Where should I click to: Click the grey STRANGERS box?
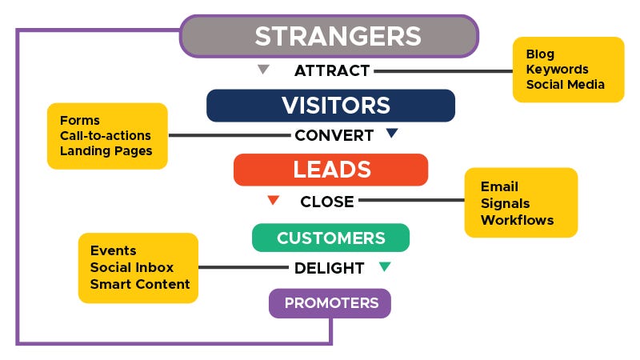click(x=329, y=36)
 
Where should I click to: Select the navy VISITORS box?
click(x=330, y=106)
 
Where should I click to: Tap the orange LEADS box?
click(x=330, y=170)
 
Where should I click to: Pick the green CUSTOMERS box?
click(x=330, y=238)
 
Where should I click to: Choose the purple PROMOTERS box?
click(x=330, y=303)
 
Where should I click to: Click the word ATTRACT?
click(x=332, y=70)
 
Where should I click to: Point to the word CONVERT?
click(x=334, y=135)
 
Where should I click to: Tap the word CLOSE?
click(x=326, y=202)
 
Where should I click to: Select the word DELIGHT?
click(x=329, y=268)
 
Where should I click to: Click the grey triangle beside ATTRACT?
click(x=263, y=70)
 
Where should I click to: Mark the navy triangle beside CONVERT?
click(x=391, y=134)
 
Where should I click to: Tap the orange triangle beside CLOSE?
click(x=273, y=200)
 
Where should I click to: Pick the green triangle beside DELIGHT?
click(x=384, y=266)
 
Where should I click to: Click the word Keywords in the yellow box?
click(x=557, y=70)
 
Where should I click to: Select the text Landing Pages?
click(x=106, y=150)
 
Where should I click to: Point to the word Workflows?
click(x=517, y=219)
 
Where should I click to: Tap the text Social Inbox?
click(x=131, y=267)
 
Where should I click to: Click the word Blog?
click(x=540, y=54)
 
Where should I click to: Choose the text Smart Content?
click(x=140, y=284)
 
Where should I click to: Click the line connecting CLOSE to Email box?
click(x=411, y=202)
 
